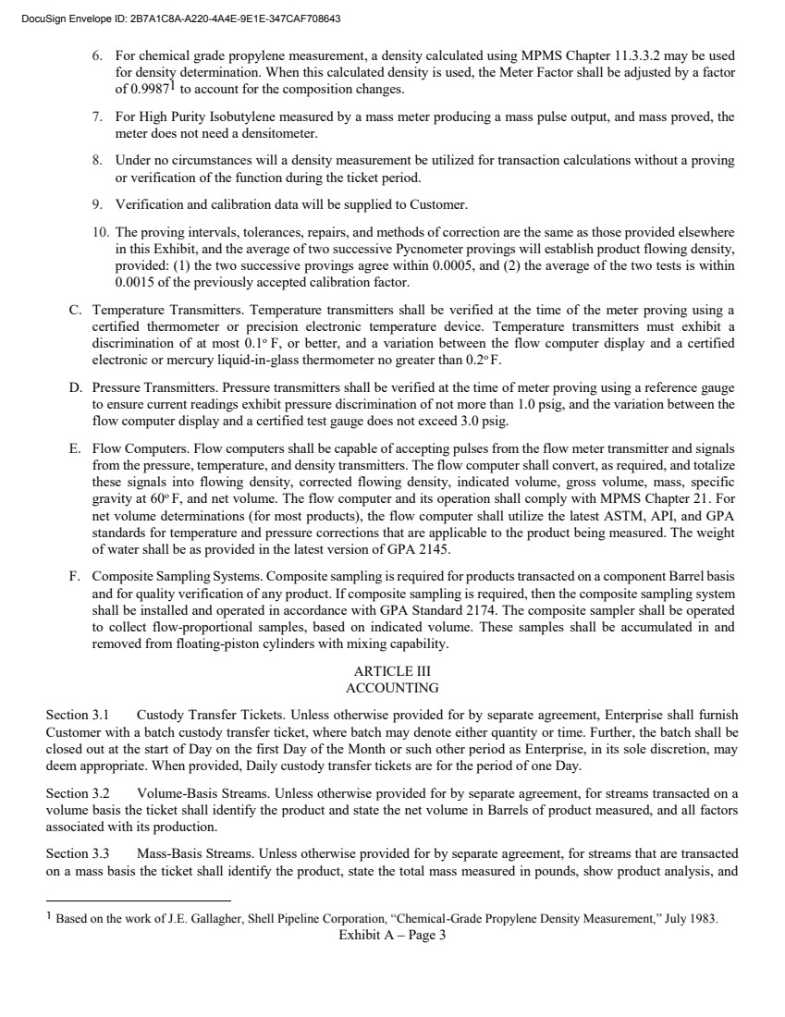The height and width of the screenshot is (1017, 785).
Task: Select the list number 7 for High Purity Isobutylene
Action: (x=98, y=117)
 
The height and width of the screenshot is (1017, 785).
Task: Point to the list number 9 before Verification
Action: (x=98, y=203)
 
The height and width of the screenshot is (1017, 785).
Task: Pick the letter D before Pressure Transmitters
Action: (x=75, y=378)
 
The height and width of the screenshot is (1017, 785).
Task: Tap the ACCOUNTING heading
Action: (x=392, y=688)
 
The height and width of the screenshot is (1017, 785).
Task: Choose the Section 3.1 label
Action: (x=78, y=715)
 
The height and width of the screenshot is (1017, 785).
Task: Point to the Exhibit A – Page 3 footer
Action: (x=392, y=936)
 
